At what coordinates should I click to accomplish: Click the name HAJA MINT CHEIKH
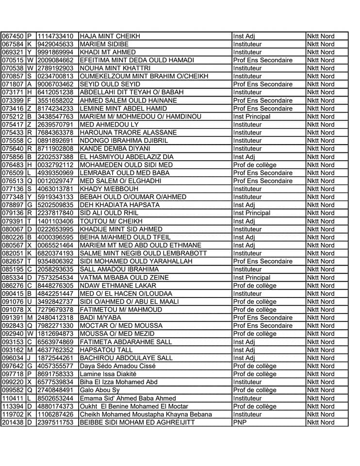pyautogui.click(x=110, y=36)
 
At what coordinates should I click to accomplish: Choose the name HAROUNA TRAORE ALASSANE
pyautogui.click(x=128, y=133)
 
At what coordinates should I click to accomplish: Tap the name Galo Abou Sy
pyautogui.click(x=99, y=390)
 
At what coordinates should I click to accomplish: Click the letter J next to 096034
pyautogui.click(x=29, y=358)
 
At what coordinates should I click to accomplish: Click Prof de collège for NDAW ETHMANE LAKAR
pyautogui.click(x=255, y=285)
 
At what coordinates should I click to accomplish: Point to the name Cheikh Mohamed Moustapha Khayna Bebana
pyautogui.click(x=146, y=414)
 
